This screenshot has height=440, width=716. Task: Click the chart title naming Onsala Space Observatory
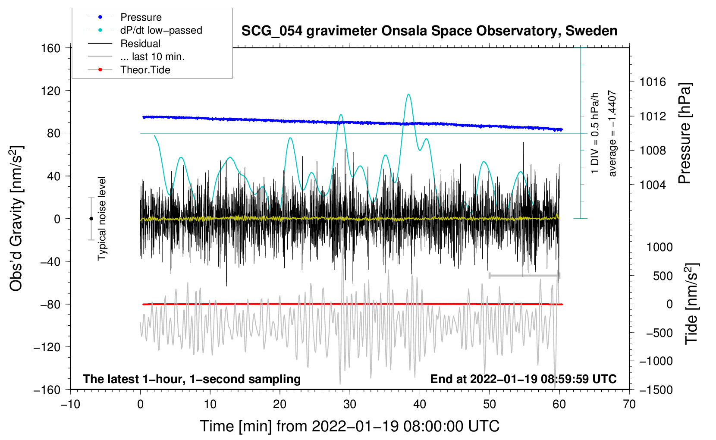[429, 31]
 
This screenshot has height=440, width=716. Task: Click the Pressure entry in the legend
[141, 17]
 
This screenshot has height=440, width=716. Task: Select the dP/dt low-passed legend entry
[161, 30]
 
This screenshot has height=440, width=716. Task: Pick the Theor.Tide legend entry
[145, 70]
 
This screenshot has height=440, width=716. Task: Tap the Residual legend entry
[140, 44]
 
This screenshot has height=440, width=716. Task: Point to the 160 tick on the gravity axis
[51, 48]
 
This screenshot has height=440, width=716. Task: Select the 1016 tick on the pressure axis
[653, 82]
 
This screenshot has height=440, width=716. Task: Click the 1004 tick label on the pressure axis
[653, 185]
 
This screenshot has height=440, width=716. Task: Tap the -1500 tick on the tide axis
[656, 390]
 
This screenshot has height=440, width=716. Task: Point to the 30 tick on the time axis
[350, 404]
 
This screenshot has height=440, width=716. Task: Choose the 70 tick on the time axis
[629, 404]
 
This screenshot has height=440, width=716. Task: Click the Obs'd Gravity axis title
[16, 219]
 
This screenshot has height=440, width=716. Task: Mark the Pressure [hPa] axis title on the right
[685, 134]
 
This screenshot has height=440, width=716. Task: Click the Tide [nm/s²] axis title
[691, 304]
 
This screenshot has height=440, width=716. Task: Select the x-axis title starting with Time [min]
[350, 426]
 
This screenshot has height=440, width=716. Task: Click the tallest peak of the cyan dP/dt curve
[408, 94]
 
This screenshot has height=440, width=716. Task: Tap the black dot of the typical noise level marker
[91, 219]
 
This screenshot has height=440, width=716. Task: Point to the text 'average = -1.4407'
[612, 134]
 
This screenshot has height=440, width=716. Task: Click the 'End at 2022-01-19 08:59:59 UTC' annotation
[523, 379]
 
